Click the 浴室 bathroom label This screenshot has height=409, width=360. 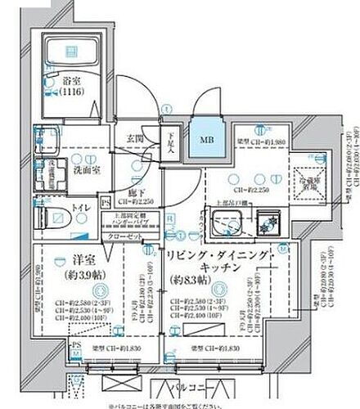tap(73, 83)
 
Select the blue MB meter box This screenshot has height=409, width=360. tap(200, 138)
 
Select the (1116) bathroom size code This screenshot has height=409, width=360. tap(73, 93)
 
